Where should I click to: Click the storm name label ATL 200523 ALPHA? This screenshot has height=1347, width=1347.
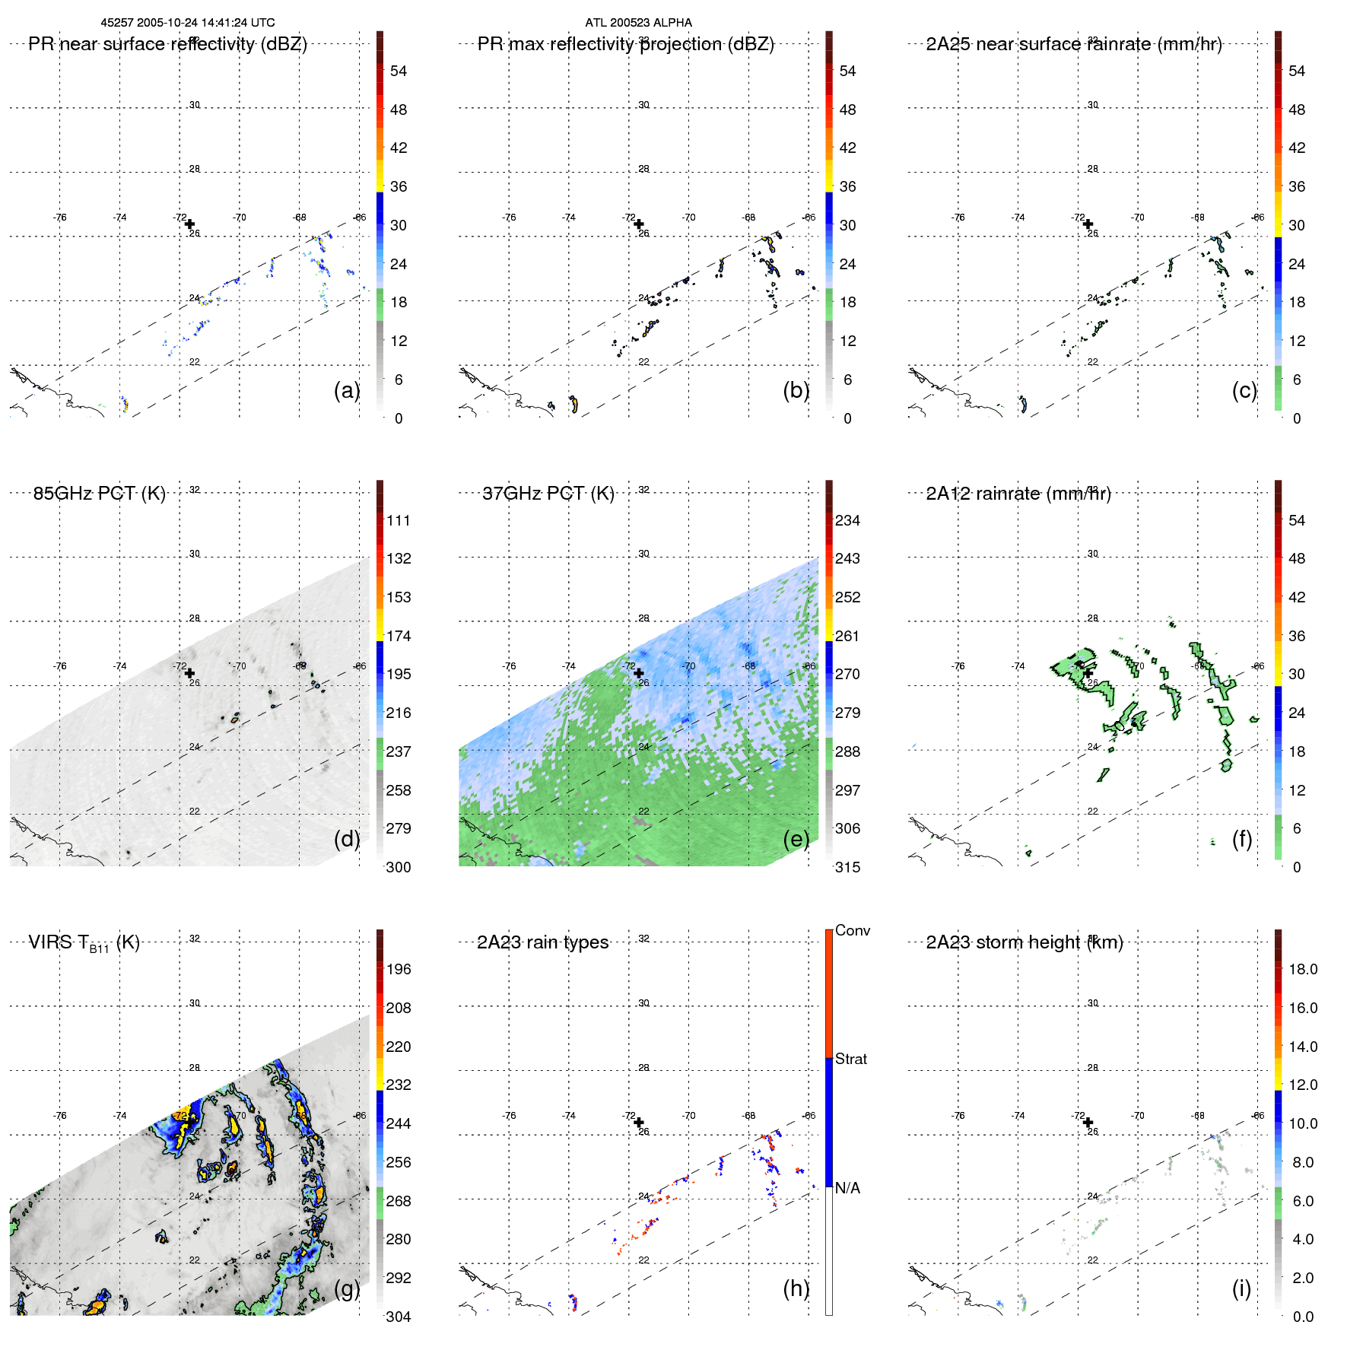coord(638,23)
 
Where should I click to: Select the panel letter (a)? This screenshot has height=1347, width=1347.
coord(347,390)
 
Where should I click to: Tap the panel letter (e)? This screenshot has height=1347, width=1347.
coord(796,839)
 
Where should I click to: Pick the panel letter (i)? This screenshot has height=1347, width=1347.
coord(1241,1288)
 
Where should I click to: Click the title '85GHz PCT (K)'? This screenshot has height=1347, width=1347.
coord(99,494)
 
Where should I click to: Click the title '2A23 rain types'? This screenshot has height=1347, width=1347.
coord(542,942)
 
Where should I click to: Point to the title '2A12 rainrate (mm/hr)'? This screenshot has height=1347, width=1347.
coord(1018,494)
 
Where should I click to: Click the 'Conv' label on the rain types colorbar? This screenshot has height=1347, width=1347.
coord(853,931)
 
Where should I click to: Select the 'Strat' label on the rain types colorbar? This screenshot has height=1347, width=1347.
coord(851,1059)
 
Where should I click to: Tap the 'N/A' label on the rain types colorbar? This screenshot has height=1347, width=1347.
coord(847,1188)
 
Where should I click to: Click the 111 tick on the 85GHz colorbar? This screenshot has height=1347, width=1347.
coord(399,520)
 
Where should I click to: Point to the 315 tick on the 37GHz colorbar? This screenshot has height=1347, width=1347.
coord(847,867)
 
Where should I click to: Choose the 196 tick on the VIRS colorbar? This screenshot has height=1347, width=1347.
coord(399,969)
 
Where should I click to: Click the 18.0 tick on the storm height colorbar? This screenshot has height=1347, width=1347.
coord(1303,969)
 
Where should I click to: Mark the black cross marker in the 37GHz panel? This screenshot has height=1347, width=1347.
coord(639,673)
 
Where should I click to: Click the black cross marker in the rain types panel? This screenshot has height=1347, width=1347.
coord(639,1123)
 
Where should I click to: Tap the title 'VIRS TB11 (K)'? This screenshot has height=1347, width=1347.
coord(84,943)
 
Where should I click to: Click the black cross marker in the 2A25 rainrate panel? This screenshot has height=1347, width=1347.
coord(1088,224)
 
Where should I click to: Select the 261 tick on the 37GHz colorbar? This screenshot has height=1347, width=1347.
coord(847,636)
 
